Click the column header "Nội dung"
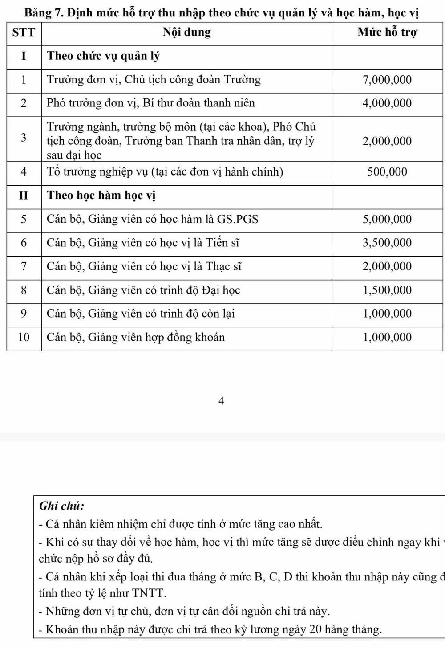coord(186,33)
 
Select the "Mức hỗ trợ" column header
coord(387,33)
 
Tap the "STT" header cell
coord(24,33)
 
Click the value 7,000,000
coord(387,80)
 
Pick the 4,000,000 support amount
coord(387,103)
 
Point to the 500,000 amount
coord(387,172)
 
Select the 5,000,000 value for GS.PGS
coord(387,219)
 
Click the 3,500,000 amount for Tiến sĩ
coord(387,243)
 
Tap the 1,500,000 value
coord(387,290)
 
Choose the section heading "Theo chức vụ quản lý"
coord(103,56)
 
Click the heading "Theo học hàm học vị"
coord(101,196)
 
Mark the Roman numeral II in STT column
coord(24,196)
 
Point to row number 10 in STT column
coord(24,337)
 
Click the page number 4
coord(221,401)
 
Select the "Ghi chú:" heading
coord(61,506)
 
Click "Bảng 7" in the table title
coord(43,12)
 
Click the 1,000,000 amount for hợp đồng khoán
coord(387,337)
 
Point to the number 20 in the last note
coord(315,629)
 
